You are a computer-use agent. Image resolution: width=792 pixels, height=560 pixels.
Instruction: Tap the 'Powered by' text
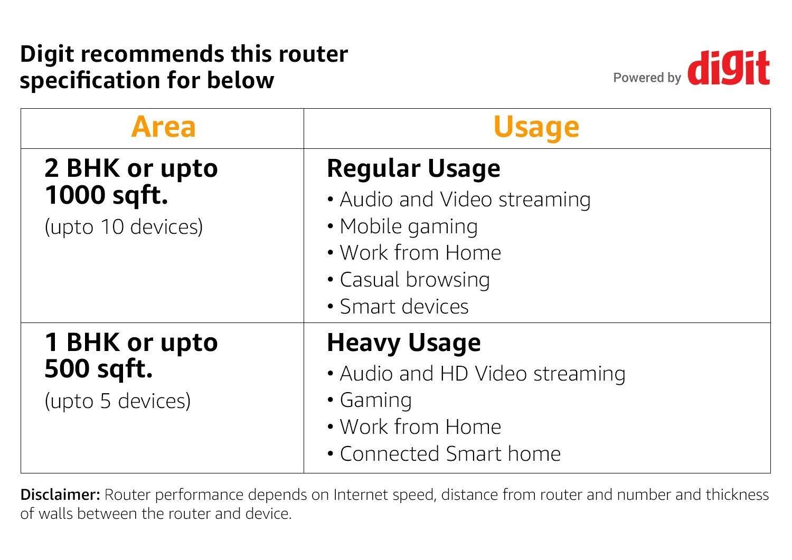[x=647, y=78]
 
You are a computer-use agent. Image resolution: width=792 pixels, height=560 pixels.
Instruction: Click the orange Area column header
[x=163, y=127]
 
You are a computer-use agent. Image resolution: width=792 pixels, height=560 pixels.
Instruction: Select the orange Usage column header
[x=536, y=127]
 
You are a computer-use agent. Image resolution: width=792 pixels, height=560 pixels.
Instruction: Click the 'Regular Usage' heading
[x=413, y=168]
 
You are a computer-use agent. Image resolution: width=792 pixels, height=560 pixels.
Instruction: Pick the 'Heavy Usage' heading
[x=404, y=343]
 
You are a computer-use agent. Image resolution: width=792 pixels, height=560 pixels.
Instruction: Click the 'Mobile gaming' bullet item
[x=408, y=226]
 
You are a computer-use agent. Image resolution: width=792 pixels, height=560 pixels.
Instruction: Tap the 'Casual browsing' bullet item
[x=414, y=280]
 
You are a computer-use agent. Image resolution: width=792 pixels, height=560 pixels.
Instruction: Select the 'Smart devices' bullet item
[x=404, y=307]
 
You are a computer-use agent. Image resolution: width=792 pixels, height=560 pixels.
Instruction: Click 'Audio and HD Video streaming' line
[x=482, y=374]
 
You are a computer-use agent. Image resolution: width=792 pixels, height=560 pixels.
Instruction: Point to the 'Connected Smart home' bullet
[x=450, y=454]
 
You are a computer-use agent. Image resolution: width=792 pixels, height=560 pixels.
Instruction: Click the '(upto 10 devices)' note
[x=124, y=227]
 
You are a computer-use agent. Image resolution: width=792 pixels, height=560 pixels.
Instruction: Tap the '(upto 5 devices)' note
[x=117, y=401]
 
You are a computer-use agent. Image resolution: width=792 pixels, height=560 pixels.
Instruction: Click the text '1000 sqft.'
[x=106, y=195]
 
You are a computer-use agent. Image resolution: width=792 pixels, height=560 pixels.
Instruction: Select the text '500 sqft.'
[x=99, y=369]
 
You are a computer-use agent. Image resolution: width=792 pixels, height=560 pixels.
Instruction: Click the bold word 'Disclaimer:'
[x=60, y=495]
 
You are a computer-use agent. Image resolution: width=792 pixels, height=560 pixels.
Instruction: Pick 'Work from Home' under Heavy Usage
[x=420, y=427]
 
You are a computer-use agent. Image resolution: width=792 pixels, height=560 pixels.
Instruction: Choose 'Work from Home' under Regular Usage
[x=420, y=253]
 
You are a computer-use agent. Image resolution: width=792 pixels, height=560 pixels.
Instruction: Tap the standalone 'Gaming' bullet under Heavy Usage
[x=375, y=400]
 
